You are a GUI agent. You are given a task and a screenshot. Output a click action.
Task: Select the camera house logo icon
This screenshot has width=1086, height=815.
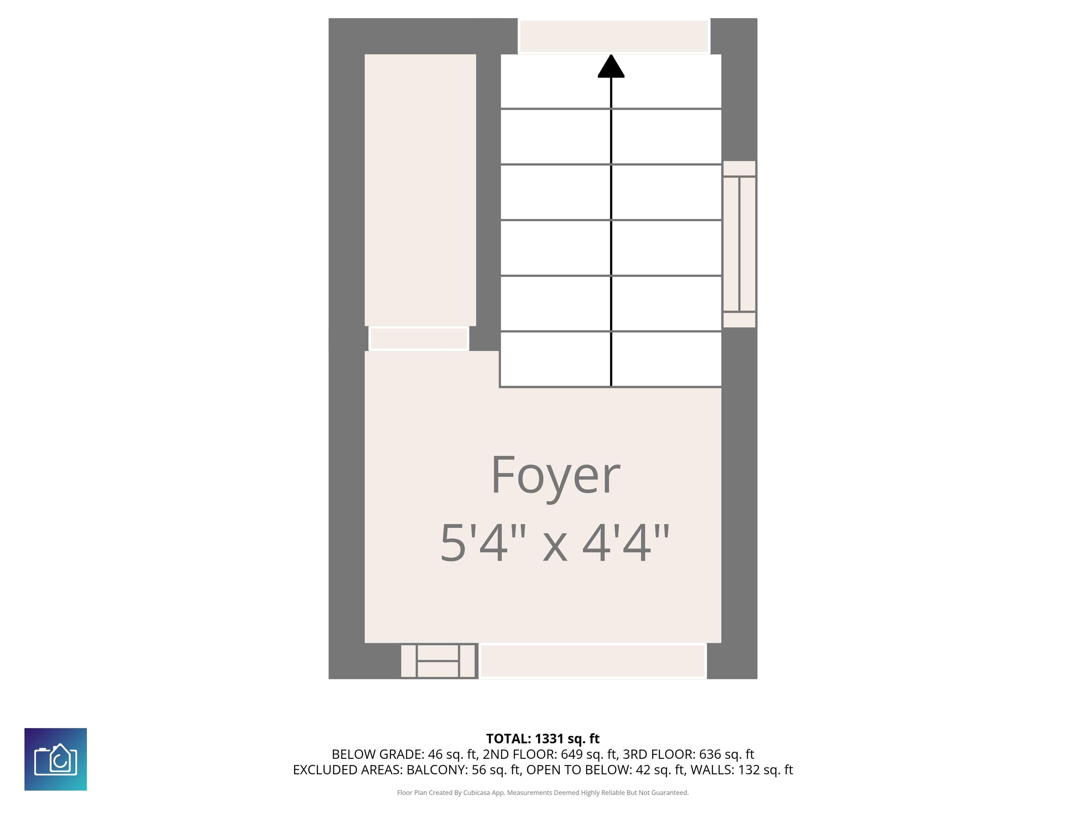[56, 759]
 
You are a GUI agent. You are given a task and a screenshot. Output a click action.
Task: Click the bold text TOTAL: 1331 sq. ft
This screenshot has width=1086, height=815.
[543, 739]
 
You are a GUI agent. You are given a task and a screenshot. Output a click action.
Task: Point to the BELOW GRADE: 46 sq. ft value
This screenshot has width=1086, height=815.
[404, 754]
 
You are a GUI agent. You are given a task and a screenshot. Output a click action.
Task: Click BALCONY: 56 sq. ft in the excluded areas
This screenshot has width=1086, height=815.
[463, 770]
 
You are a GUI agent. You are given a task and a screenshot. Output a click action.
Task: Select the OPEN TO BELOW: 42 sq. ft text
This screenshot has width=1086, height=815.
[605, 770]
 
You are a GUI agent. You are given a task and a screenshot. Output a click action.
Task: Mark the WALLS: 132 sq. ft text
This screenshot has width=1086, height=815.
[741, 770]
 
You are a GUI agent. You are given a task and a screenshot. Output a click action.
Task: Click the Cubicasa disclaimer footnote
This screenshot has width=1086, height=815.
[543, 792]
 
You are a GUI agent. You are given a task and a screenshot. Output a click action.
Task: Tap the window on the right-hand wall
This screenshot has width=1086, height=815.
[739, 244]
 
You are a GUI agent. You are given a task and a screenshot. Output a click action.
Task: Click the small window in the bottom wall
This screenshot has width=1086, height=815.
[438, 661]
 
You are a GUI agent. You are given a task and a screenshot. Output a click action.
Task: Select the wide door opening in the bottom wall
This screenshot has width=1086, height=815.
[592, 661]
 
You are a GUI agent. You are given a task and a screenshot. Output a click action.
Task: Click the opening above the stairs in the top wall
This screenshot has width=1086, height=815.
[614, 36]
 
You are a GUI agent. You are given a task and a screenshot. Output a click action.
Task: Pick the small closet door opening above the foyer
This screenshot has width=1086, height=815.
[418, 339]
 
